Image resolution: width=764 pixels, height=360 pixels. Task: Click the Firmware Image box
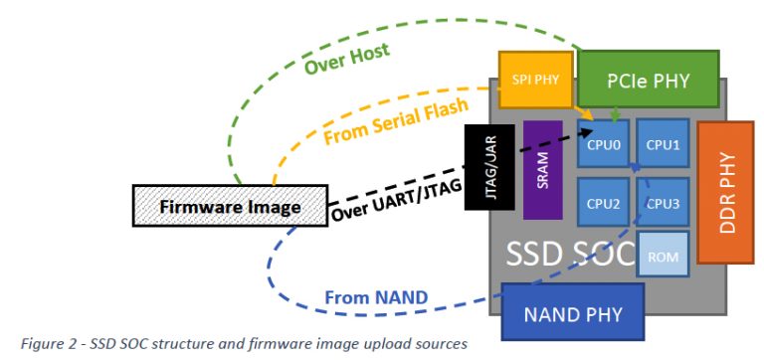[231, 207]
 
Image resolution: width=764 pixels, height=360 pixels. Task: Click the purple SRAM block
[543, 170]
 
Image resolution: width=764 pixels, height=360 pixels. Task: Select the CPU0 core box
[603, 144]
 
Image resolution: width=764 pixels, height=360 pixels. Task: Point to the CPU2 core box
[603, 204]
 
